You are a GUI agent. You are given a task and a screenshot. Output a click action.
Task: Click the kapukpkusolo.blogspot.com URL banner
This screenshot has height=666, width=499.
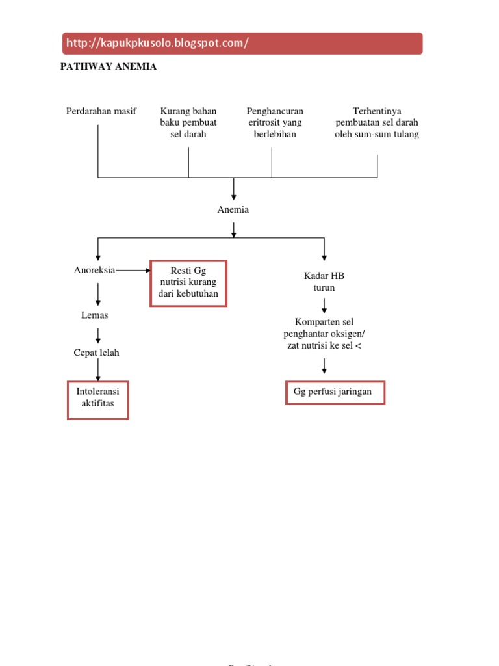[x=242, y=44]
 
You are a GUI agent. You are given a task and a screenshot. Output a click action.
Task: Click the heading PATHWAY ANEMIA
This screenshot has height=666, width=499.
[x=109, y=66]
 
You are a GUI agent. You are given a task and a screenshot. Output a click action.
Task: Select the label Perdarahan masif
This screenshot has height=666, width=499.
[x=101, y=111]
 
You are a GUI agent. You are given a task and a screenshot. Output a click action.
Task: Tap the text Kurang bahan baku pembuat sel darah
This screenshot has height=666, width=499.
[x=188, y=122]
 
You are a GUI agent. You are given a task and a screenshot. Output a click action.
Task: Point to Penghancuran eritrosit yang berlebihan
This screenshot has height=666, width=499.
[x=275, y=122]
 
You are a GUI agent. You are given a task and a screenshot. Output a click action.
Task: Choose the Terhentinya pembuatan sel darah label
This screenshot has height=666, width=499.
[x=377, y=122]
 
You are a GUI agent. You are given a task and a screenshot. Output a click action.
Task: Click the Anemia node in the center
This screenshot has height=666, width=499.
[x=233, y=210]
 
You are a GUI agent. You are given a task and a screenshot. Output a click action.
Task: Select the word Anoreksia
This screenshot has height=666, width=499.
[x=96, y=270]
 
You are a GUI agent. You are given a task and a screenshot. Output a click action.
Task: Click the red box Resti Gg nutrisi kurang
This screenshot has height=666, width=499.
[x=188, y=283]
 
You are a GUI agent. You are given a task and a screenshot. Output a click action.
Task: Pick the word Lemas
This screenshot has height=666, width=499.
[x=95, y=315]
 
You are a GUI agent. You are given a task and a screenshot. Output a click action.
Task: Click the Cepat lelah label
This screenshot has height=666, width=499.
[x=97, y=353]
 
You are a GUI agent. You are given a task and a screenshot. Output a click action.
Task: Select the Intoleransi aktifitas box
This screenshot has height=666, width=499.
[x=98, y=400]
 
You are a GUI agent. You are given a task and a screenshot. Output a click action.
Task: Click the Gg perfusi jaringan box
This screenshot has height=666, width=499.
[x=335, y=393]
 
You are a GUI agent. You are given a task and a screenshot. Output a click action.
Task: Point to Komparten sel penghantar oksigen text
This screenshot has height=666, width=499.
[x=324, y=334]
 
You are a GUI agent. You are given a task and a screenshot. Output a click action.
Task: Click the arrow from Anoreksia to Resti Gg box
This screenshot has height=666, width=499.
[x=133, y=270]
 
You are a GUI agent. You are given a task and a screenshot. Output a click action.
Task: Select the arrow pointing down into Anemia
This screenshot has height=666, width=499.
[x=234, y=190]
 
